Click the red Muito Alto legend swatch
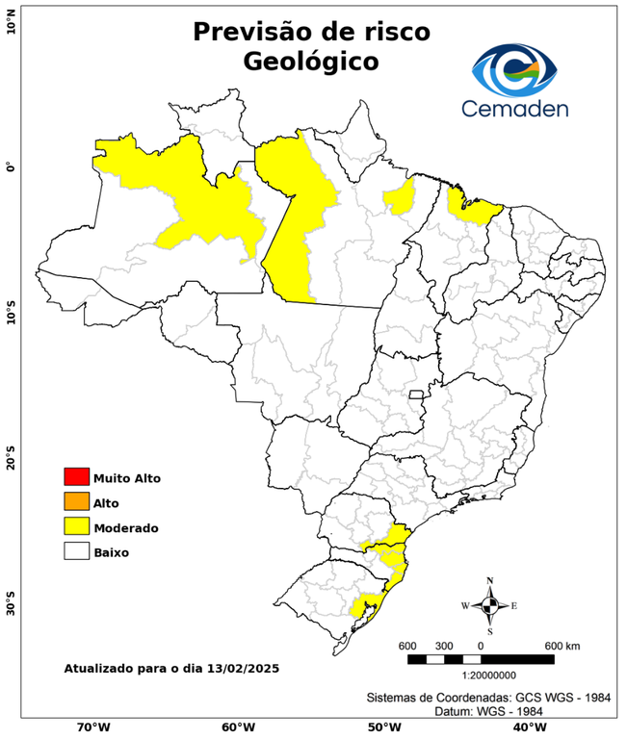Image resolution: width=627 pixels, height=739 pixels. point(76,476)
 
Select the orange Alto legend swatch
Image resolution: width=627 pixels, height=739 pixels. point(76,501)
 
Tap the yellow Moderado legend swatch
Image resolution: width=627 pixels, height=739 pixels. point(76,526)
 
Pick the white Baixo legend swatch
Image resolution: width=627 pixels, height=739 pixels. point(76,551)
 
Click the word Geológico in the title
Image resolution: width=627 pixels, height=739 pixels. point(311,62)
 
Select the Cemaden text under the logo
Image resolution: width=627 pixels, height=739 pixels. point(514,108)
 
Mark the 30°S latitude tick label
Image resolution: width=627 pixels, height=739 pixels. point(11,608)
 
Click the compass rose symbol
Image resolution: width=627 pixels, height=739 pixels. point(489,605)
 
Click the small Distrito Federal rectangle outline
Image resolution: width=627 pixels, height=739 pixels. point(417,395)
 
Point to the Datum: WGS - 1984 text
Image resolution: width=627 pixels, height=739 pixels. point(491,710)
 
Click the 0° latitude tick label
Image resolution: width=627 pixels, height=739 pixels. point(11,167)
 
